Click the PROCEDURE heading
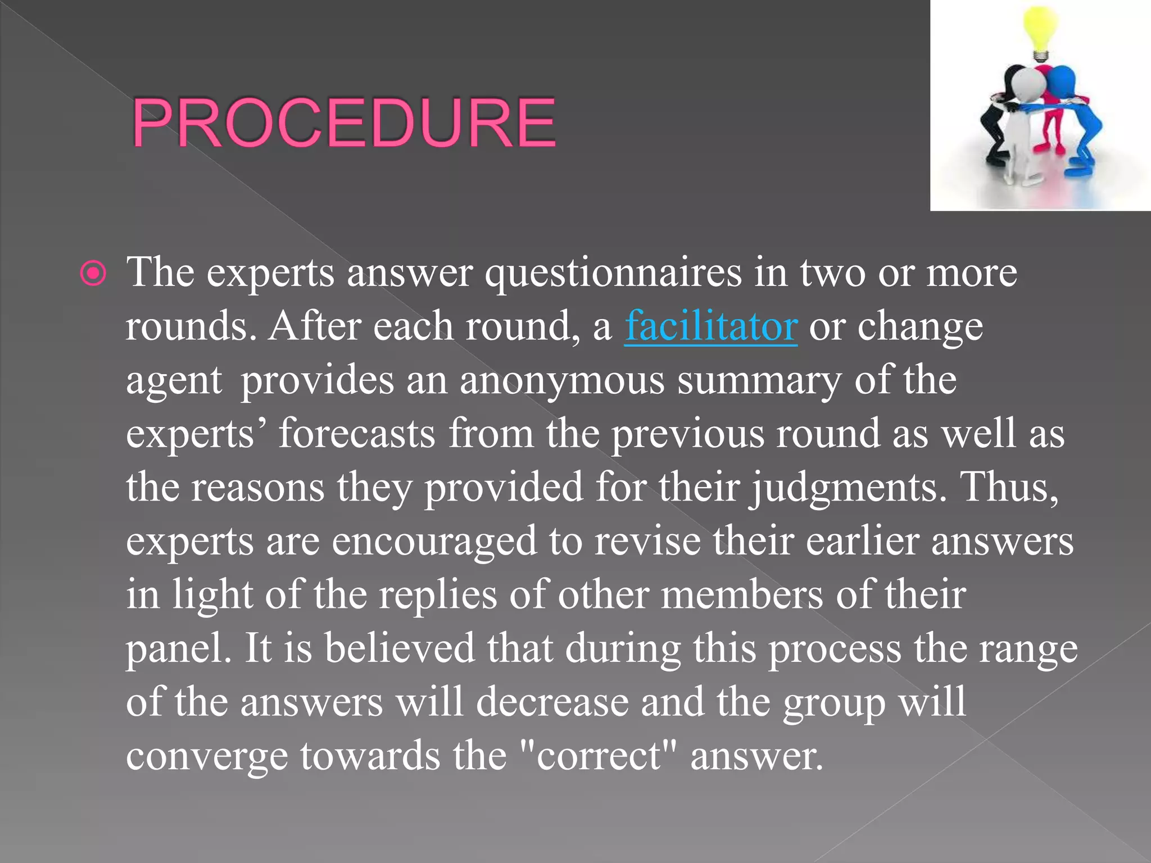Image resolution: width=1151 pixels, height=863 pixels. click(x=343, y=122)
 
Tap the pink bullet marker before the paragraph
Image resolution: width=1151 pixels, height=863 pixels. click(x=93, y=274)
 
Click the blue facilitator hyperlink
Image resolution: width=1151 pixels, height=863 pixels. click(x=711, y=326)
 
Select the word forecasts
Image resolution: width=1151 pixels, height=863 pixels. click(x=357, y=434)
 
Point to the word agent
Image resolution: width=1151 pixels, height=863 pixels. click(x=174, y=381)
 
